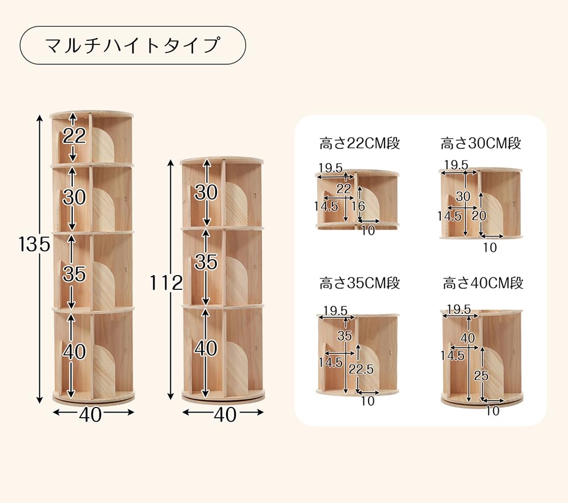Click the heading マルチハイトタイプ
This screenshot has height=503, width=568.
[x=132, y=45]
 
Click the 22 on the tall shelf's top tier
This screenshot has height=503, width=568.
[x=74, y=136]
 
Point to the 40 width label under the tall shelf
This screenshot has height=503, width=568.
[x=90, y=415]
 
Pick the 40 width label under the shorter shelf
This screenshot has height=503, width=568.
[x=225, y=415]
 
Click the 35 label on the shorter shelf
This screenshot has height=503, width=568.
[x=206, y=261]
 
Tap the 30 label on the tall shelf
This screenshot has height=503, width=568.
[x=74, y=197]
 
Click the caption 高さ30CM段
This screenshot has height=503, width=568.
[x=481, y=143]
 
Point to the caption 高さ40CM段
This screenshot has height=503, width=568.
[x=483, y=282]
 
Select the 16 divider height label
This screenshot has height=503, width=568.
[x=359, y=206]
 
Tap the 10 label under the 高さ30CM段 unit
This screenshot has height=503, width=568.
[x=490, y=247]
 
